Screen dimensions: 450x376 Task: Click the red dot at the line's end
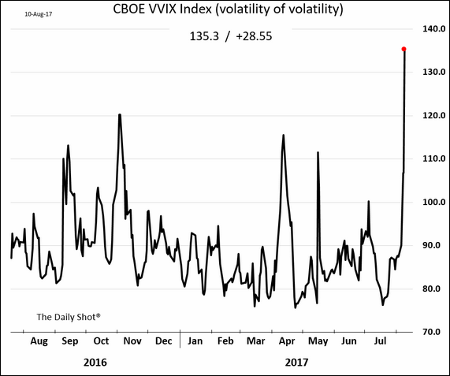pos(404,49)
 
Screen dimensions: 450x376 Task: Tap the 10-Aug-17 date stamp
pos(38,14)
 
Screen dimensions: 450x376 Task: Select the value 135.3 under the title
pos(204,36)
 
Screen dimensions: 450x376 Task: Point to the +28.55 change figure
pos(254,36)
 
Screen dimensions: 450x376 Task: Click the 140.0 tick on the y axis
pos(433,28)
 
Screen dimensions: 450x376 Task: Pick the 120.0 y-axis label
pos(433,115)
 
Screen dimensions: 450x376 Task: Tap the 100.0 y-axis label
pos(433,202)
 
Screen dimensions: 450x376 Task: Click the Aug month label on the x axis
pos(39,341)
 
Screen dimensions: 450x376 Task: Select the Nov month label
pos(132,341)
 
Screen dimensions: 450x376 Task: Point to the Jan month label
pos(195,341)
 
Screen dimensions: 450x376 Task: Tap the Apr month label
pos(287,341)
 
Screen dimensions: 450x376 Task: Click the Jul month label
pos(381,341)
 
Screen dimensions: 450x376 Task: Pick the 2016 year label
pos(95,363)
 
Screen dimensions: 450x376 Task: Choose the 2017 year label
pos(296,363)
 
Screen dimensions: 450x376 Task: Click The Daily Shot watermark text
pos(69,317)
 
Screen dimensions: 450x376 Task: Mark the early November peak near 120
pos(120,114)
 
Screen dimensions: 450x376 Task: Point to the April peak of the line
pos(284,135)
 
